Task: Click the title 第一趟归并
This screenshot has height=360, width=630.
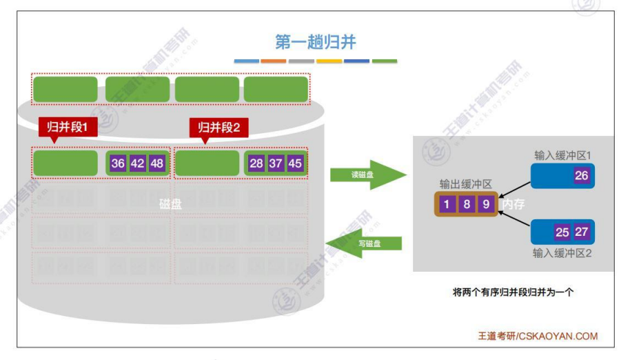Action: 315,42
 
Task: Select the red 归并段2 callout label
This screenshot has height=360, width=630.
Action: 219,127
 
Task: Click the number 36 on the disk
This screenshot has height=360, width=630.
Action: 118,163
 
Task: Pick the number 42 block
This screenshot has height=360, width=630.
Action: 137,163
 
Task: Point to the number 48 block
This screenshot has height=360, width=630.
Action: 156,163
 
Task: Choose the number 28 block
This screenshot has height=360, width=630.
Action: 256,163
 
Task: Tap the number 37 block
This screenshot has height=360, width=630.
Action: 276,163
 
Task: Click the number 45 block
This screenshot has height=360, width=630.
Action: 295,163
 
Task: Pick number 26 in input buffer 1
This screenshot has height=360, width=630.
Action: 582,176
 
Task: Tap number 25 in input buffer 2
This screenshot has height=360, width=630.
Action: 562,232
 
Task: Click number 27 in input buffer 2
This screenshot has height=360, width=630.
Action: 582,232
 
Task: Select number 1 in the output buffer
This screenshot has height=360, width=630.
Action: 447,203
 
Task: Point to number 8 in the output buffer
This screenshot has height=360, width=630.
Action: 466,203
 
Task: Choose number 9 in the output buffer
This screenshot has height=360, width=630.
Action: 485,203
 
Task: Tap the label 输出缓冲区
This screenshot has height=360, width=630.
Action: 467,184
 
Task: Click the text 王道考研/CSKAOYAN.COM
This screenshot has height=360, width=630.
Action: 538,337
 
